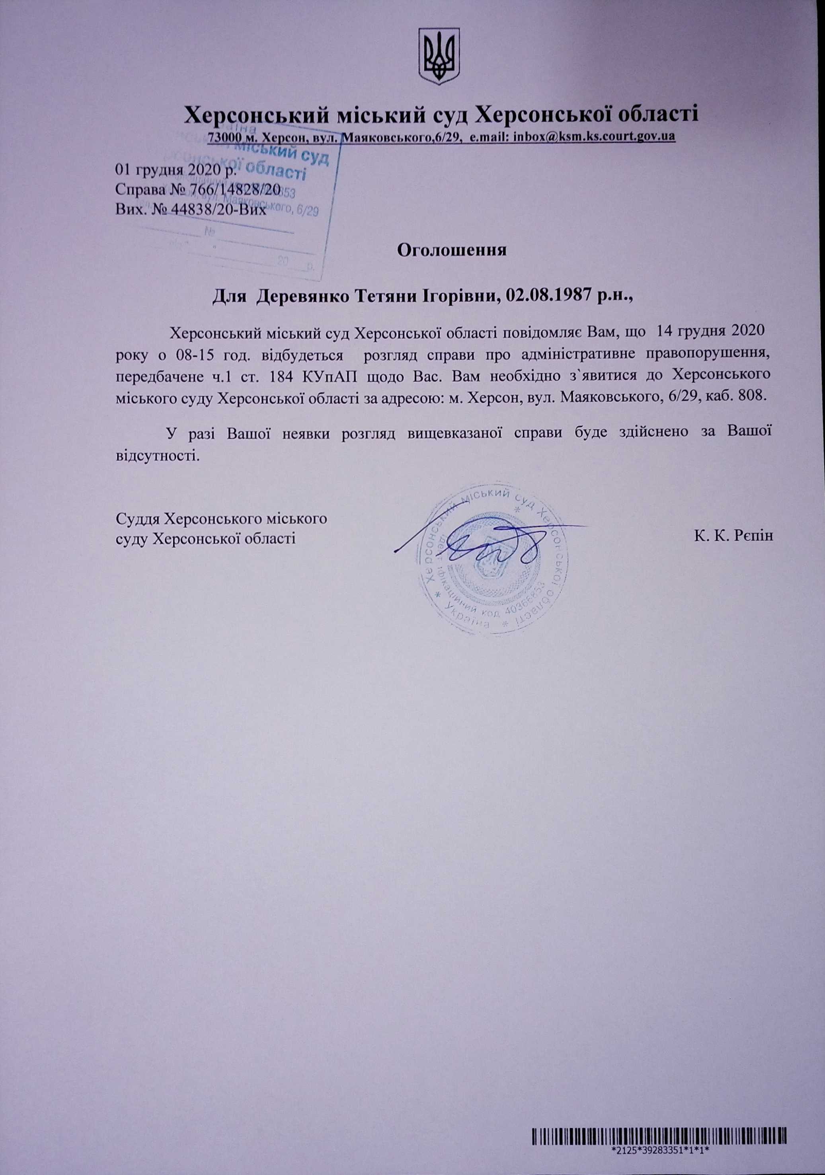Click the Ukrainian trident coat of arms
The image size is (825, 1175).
point(439,56)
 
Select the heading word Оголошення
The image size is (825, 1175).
point(452,251)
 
